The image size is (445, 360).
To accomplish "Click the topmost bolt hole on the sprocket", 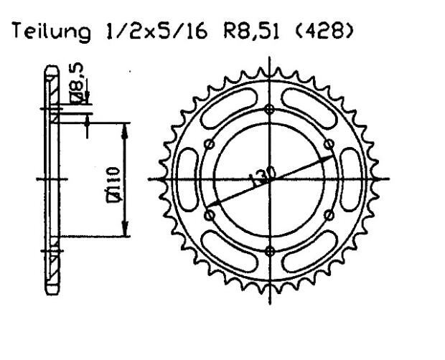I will coord(270,109).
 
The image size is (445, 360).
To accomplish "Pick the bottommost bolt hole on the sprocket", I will coord(270,250).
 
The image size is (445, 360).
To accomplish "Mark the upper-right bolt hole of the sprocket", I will coord(329,144).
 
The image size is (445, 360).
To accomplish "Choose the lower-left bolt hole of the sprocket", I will coord(210,214).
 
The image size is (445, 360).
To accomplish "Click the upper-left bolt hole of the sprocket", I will coord(210,144).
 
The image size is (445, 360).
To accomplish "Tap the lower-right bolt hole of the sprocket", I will coord(329,214).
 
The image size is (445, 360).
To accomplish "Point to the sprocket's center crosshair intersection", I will coord(270,179).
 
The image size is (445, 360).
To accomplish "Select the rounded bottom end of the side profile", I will coord(52,289).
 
